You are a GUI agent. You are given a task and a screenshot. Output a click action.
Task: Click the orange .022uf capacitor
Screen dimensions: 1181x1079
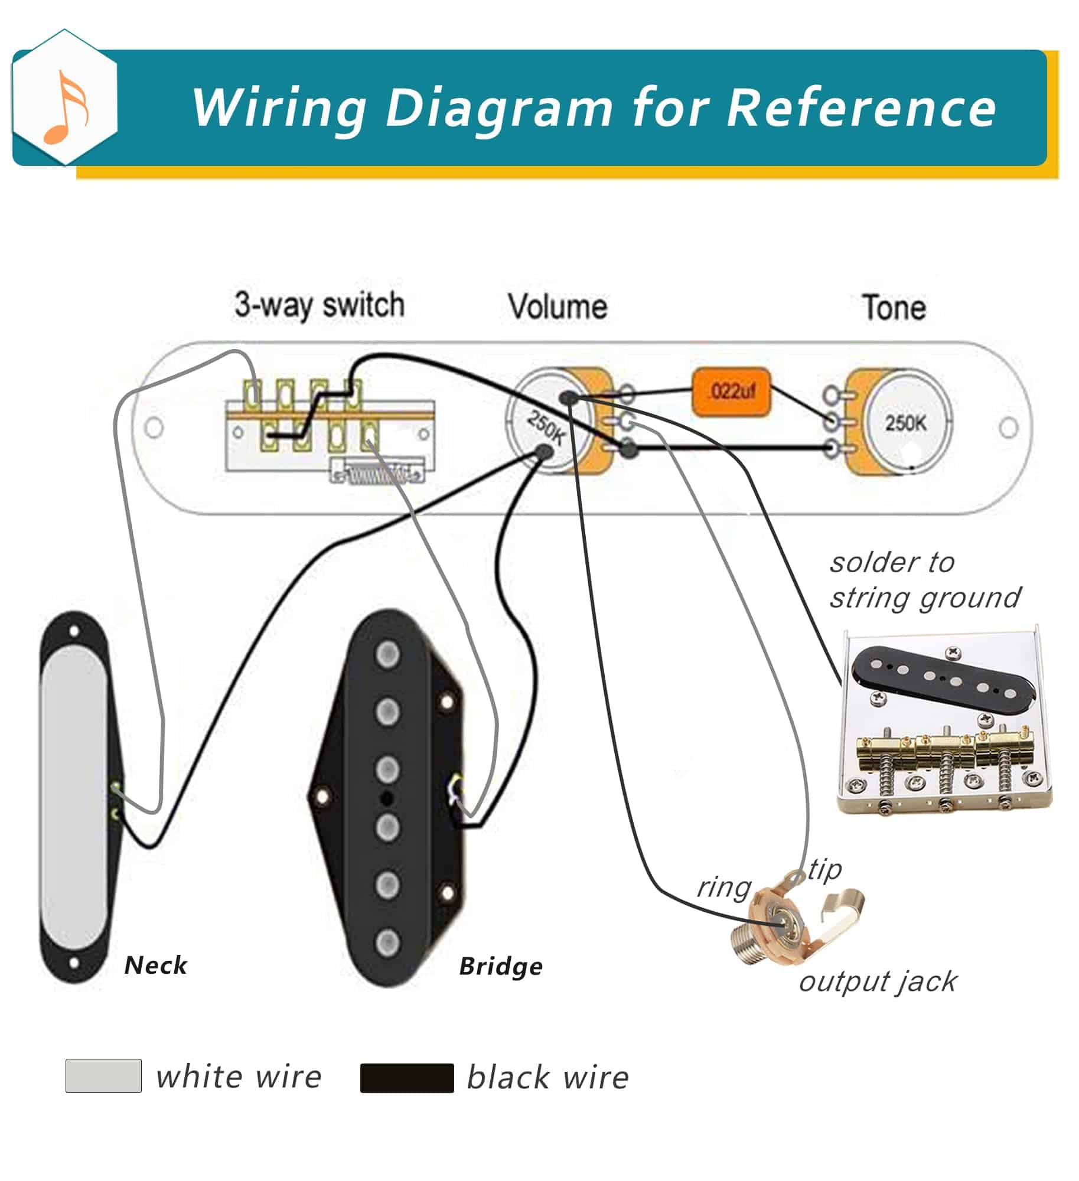click(731, 392)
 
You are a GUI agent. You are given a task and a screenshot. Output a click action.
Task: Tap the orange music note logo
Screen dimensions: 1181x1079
click(66, 107)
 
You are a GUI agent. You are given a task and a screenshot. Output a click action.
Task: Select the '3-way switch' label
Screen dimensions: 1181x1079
click(320, 306)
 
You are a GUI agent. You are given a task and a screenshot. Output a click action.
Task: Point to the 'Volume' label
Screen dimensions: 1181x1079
click(558, 307)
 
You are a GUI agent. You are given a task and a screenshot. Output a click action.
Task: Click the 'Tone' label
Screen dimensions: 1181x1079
click(894, 308)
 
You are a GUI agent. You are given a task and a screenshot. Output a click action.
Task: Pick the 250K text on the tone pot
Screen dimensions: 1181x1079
click(905, 423)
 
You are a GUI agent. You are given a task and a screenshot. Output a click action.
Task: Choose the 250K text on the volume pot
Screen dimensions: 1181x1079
click(546, 426)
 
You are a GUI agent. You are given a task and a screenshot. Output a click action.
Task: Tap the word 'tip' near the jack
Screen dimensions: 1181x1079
click(824, 869)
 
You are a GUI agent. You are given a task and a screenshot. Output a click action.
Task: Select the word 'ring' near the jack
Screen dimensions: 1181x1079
click(723, 888)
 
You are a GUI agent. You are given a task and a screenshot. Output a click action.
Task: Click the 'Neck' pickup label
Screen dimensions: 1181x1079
click(155, 965)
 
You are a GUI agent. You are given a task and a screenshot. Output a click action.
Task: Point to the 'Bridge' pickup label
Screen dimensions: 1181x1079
click(501, 967)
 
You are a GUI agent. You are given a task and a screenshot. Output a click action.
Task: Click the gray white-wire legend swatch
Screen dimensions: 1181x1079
click(103, 1076)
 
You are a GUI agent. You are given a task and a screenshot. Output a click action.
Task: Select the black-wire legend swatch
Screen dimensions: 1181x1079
click(407, 1078)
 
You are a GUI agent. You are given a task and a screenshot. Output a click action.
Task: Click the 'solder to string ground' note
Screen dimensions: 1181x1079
click(924, 580)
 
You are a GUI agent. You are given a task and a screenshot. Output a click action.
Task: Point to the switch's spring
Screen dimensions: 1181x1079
click(378, 474)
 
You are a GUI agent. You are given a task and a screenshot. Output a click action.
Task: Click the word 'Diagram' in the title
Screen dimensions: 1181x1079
click(499, 108)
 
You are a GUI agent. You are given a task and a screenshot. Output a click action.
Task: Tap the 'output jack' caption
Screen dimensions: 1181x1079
click(878, 981)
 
